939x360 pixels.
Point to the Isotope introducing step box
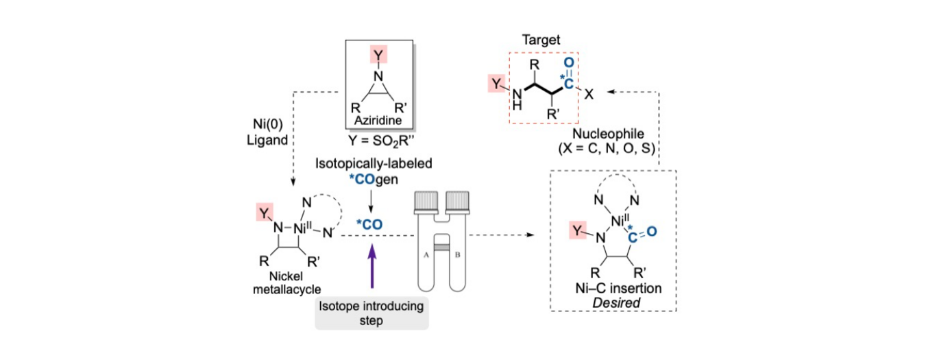tap(371, 313)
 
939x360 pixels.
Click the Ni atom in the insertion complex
tap(620, 219)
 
